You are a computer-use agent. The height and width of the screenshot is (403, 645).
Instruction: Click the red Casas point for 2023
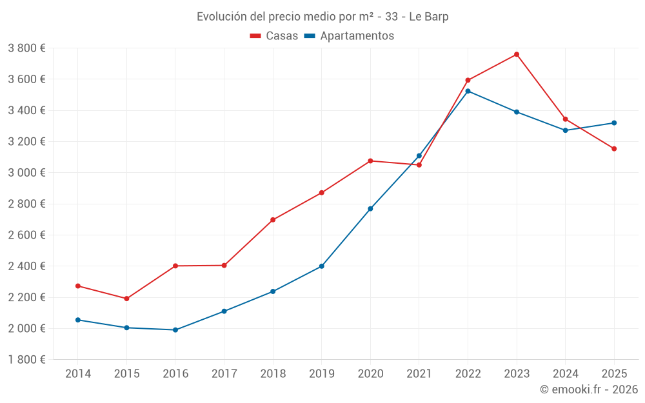[x=517, y=54]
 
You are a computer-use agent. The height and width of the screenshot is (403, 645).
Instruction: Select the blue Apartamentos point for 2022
[x=468, y=91]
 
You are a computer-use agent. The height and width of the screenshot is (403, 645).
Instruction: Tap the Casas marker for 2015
[x=126, y=299]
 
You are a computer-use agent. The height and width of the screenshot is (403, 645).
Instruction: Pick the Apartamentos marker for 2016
[x=175, y=330]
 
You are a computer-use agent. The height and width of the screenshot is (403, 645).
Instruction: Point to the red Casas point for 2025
[x=614, y=149]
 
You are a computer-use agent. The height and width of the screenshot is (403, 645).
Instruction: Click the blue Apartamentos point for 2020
[x=370, y=209]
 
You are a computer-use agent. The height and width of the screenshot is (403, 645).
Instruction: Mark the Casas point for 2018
[x=273, y=220]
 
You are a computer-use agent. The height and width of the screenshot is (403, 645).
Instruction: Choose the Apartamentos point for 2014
[x=78, y=320]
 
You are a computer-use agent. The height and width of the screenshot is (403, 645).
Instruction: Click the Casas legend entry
[x=274, y=36]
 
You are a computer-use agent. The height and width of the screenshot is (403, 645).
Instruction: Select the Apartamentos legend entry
[x=349, y=36]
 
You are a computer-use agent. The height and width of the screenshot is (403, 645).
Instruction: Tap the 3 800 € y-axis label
[x=27, y=48]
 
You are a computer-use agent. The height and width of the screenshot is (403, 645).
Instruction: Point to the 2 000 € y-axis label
[x=27, y=328]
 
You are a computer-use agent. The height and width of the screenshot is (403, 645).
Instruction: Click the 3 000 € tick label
[x=27, y=173]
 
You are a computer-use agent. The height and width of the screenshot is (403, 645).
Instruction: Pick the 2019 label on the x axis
[x=322, y=373]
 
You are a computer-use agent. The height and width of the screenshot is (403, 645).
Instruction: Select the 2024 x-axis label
[x=566, y=373]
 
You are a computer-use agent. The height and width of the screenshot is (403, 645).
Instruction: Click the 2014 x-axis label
[x=78, y=373]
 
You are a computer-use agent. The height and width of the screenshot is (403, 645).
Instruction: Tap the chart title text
[x=322, y=17]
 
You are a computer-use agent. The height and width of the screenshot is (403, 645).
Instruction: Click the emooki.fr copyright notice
[x=588, y=389]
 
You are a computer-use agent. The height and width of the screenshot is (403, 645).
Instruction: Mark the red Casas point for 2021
[x=419, y=165]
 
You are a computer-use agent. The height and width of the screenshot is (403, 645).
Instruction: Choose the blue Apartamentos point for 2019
[x=322, y=266]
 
